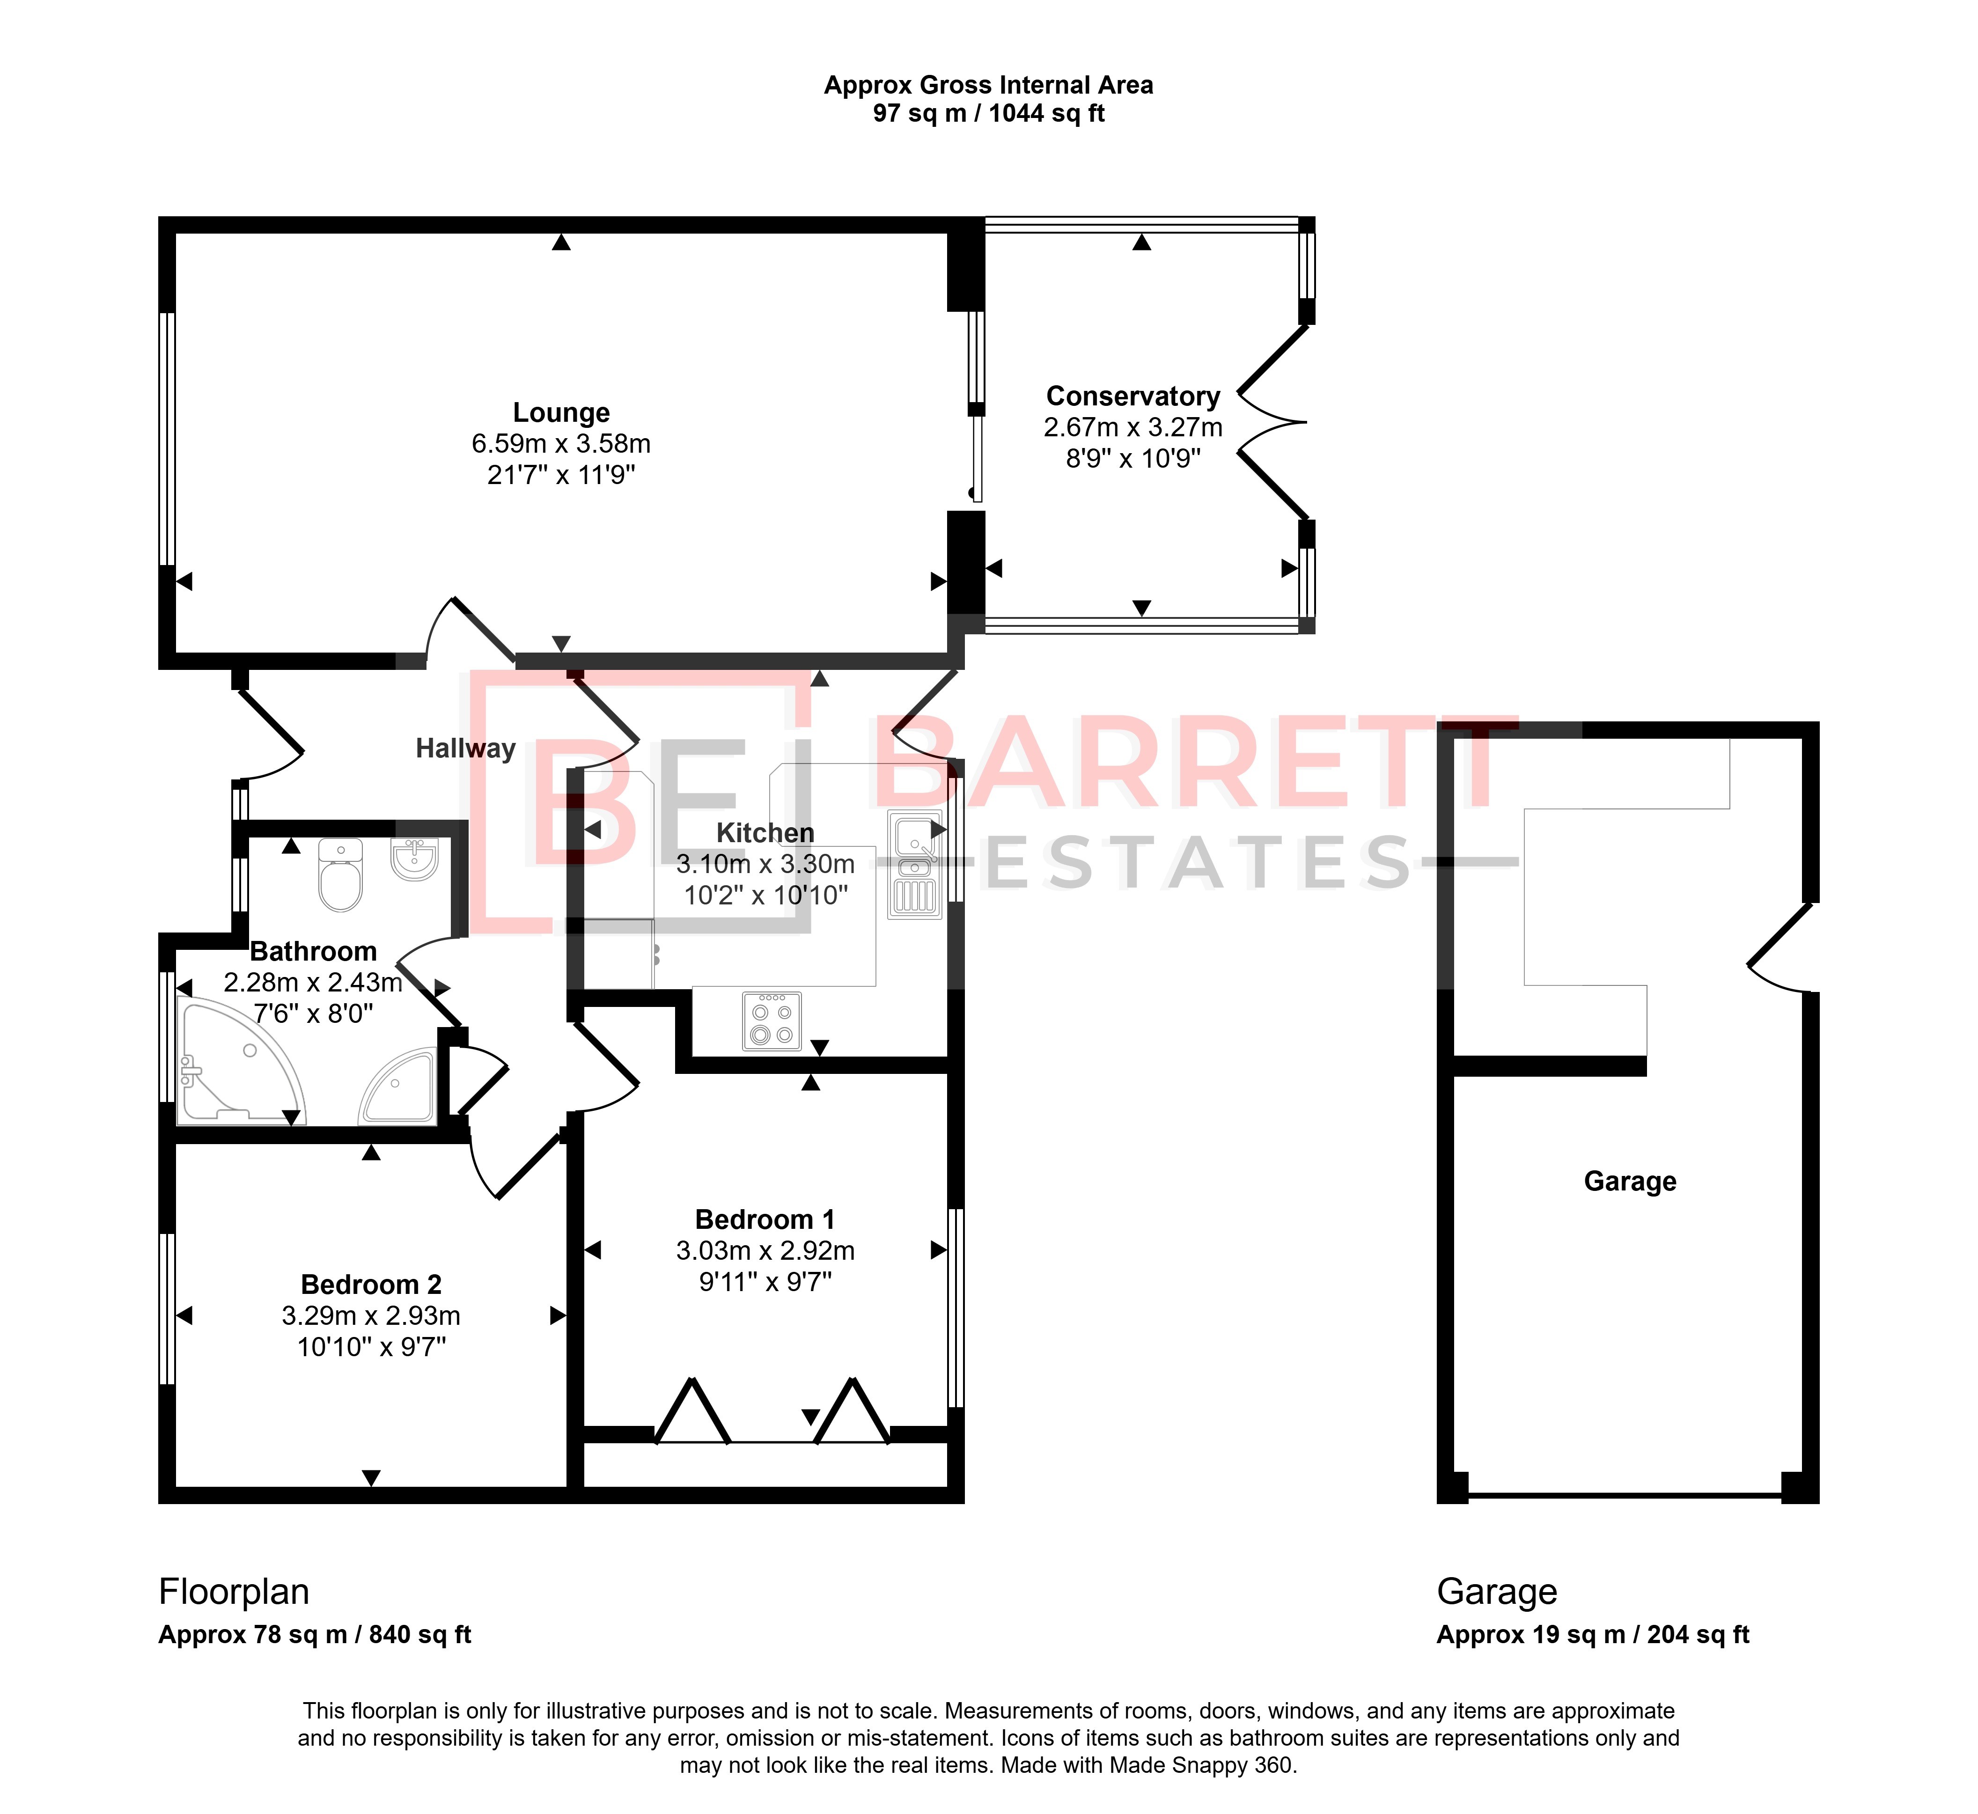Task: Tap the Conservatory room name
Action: [x=1133, y=397]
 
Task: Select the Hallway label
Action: [x=465, y=749]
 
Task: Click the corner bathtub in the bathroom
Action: [x=241, y=1061]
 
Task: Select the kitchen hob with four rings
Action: [x=772, y=1021]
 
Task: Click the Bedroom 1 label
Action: [x=765, y=1220]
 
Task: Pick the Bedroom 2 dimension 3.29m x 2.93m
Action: [x=371, y=1315]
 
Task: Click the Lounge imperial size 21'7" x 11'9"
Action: [x=561, y=475]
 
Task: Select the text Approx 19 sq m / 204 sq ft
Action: [x=1592, y=1634]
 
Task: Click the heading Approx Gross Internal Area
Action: [x=988, y=85]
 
